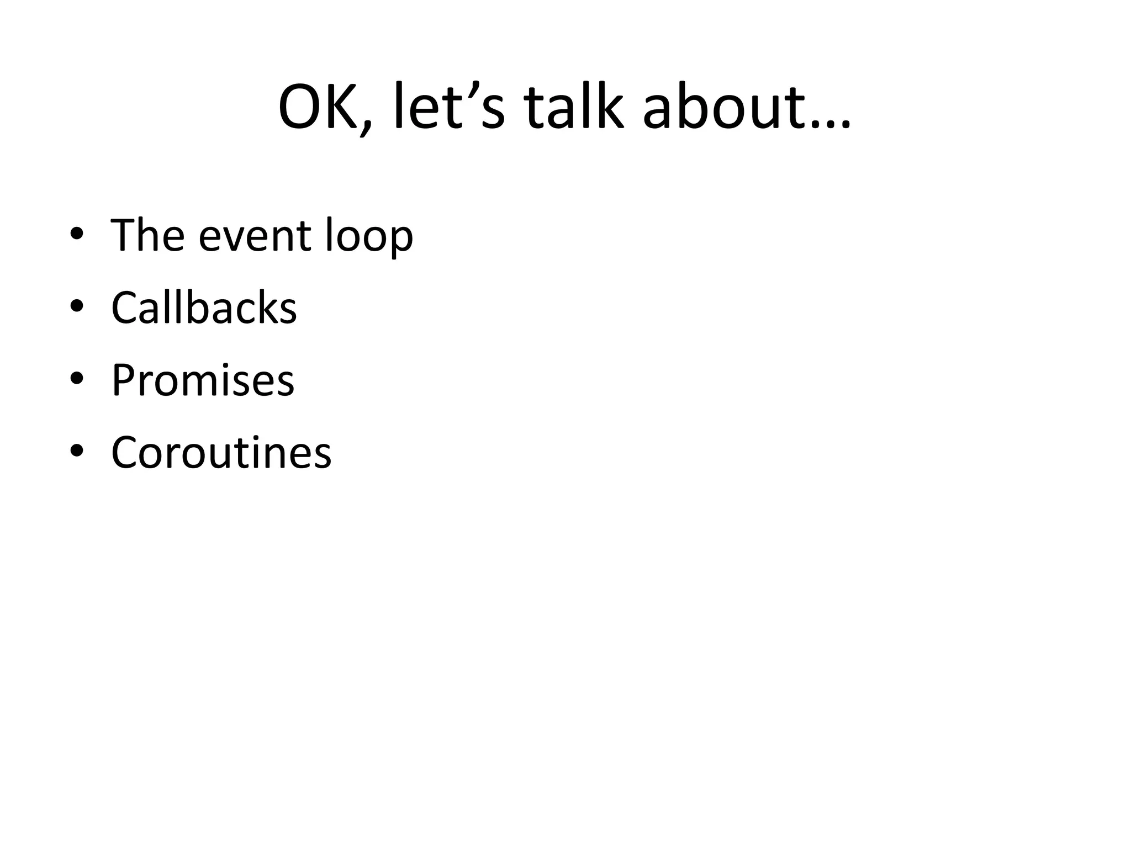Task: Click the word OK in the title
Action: (317, 107)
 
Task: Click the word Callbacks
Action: (204, 308)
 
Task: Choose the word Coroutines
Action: (221, 453)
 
